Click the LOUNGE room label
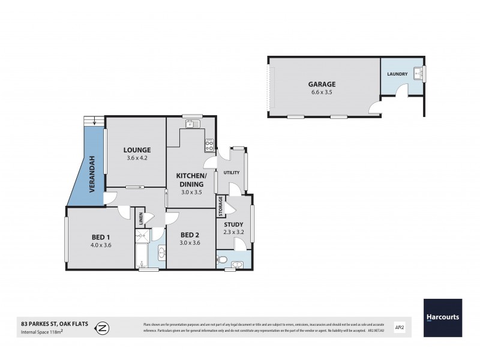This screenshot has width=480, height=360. [x=137, y=150]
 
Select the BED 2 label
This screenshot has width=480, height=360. [x=190, y=235]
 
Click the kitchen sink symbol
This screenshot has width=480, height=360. [x=193, y=124]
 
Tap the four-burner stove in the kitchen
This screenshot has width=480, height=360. [x=209, y=144]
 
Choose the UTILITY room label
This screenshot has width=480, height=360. [x=232, y=173]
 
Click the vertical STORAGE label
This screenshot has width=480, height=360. [x=221, y=205]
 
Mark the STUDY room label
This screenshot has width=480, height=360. [x=233, y=224]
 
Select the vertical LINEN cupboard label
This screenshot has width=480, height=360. [x=139, y=220]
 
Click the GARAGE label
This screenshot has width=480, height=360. [x=323, y=84]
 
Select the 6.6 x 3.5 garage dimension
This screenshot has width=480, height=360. [x=323, y=93]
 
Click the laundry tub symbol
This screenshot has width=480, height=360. [x=421, y=74]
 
